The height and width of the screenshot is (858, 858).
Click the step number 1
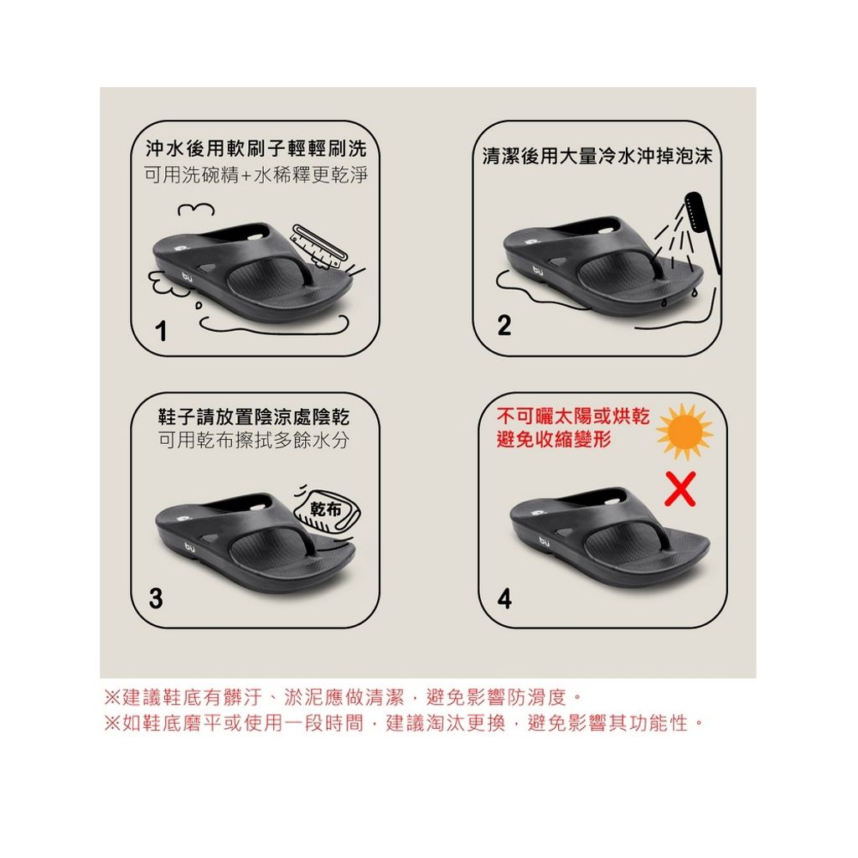(x=161, y=331)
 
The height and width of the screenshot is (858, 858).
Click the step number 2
(x=504, y=325)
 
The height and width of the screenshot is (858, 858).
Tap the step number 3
(x=156, y=598)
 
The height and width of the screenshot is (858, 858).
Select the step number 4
(x=504, y=598)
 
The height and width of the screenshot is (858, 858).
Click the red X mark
(x=680, y=488)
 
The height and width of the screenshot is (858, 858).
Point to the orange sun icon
(x=684, y=432)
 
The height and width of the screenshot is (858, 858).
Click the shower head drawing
(x=702, y=230)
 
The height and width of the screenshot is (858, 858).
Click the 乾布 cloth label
(x=326, y=509)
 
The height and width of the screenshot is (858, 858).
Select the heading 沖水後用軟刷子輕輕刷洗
(x=256, y=148)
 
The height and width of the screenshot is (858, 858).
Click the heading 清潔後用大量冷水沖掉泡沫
(x=597, y=157)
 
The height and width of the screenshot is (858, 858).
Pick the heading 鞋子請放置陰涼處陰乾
(x=254, y=417)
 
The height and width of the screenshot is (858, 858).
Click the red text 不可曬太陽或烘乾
(x=573, y=416)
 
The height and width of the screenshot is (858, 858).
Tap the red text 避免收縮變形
(x=554, y=439)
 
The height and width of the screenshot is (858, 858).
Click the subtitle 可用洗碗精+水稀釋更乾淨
(x=256, y=175)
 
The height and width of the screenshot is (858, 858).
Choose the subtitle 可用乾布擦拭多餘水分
(x=254, y=440)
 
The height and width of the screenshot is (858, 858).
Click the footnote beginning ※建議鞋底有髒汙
(x=343, y=697)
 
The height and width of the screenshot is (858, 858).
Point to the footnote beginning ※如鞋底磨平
(x=404, y=723)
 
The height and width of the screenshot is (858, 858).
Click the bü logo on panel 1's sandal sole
(x=187, y=277)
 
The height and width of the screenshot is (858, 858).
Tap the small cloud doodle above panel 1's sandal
(x=196, y=209)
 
